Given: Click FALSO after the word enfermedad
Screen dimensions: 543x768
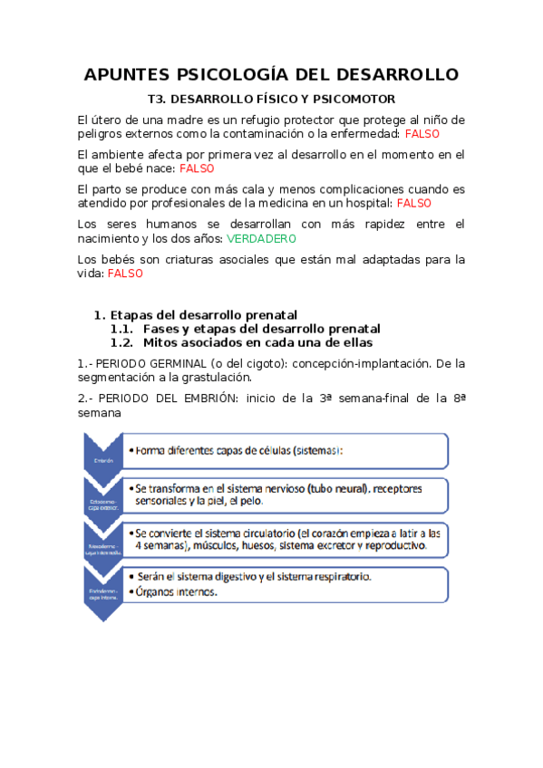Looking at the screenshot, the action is (422, 133).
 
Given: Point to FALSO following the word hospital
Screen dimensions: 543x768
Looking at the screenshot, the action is (414, 204).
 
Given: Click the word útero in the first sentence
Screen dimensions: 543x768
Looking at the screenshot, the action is (105, 120).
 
